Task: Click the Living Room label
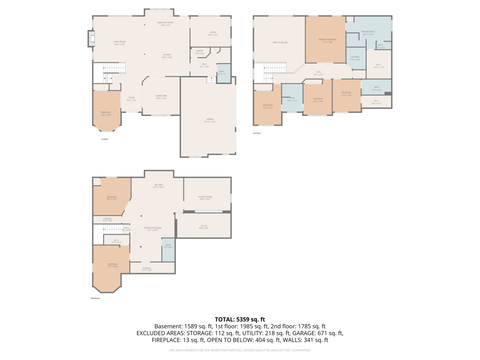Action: point(119,43)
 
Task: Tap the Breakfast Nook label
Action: point(166,24)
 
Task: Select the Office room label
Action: point(213,33)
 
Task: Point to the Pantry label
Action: point(199,52)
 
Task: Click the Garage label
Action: point(210,120)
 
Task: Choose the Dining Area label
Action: point(161,97)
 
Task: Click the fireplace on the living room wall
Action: point(91,39)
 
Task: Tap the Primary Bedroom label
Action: point(327,41)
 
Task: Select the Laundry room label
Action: point(355,58)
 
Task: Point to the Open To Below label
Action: point(280,42)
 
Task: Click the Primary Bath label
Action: point(368,33)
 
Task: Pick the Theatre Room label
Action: point(205,198)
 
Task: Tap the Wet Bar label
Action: point(158,186)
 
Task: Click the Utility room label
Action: point(204,227)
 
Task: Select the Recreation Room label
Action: point(153,229)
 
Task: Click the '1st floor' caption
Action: point(105,139)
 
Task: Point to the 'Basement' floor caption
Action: point(95,298)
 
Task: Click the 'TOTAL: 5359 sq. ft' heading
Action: point(240,319)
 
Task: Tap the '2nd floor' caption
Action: point(257,133)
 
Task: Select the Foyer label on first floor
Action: point(132,99)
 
